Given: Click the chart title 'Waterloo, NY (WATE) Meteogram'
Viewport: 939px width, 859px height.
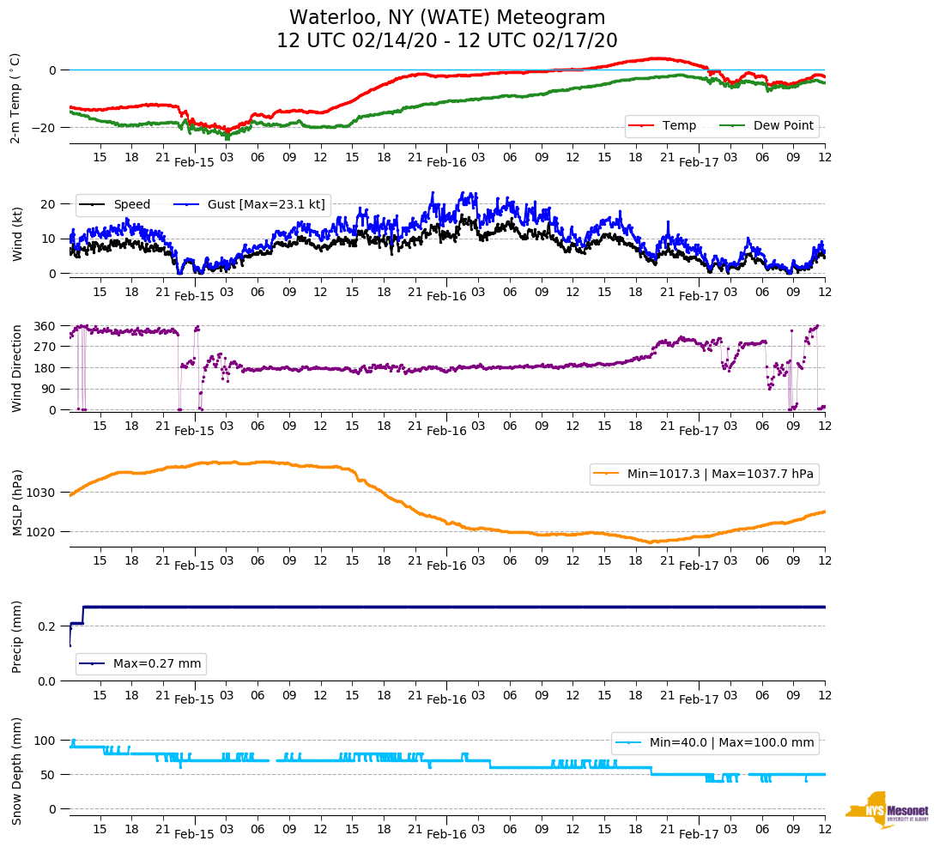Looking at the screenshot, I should (x=446, y=18).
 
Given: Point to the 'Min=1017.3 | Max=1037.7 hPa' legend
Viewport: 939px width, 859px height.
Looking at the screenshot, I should (x=704, y=474).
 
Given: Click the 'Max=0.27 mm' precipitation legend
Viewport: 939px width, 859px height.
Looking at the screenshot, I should (x=142, y=664).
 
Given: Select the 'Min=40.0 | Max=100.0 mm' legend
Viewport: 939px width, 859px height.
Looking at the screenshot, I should (x=715, y=742).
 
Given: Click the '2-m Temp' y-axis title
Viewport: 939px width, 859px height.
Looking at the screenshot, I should (x=15, y=97).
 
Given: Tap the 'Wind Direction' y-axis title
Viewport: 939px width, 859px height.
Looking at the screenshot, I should (x=16, y=368).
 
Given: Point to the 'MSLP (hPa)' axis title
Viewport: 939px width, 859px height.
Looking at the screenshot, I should (x=16, y=503).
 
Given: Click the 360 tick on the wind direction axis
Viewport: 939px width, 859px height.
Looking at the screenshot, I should (x=45, y=326).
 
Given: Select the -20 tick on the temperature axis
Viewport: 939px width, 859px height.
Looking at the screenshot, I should (x=43, y=128).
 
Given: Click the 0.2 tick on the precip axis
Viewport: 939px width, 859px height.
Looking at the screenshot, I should (x=48, y=626).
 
